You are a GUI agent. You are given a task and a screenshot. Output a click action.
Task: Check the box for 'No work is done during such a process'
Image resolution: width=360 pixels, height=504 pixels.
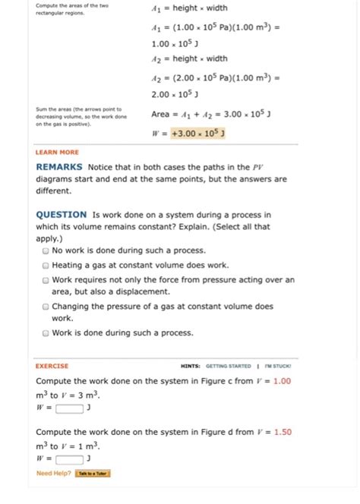[x=46, y=250]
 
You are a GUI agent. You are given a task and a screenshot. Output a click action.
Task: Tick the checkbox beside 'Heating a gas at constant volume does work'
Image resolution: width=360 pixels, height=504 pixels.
[x=46, y=266]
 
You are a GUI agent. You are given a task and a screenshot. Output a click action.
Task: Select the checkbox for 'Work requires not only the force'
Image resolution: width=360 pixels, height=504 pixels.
[x=46, y=280]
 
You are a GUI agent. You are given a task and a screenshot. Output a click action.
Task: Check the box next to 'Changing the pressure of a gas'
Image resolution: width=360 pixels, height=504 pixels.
[x=46, y=307]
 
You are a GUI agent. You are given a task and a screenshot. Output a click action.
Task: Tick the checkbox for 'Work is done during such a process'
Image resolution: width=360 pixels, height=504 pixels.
[x=46, y=332]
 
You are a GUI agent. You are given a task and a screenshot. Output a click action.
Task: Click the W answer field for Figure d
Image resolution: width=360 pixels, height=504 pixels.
[x=69, y=458]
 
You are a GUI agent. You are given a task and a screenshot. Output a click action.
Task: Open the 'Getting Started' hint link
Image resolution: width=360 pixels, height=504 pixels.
[x=228, y=366]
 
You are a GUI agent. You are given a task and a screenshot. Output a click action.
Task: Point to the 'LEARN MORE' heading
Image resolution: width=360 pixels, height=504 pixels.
[x=57, y=153]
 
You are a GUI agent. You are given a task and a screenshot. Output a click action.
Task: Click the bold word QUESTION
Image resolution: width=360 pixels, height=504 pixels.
[x=61, y=215]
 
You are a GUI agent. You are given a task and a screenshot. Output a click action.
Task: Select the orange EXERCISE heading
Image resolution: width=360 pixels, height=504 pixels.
[x=52, y=366]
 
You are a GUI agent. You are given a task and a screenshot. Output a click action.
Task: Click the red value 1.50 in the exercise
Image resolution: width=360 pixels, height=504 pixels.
[x=283, y=432]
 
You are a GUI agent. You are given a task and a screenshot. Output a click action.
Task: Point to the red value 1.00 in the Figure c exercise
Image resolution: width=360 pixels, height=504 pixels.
[x=282, y=381]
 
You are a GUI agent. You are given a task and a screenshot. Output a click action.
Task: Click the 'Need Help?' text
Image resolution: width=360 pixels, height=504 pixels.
[x=54, y=473]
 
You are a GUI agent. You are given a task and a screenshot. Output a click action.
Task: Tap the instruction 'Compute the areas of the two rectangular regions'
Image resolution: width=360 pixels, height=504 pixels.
[x=71, y=9]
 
